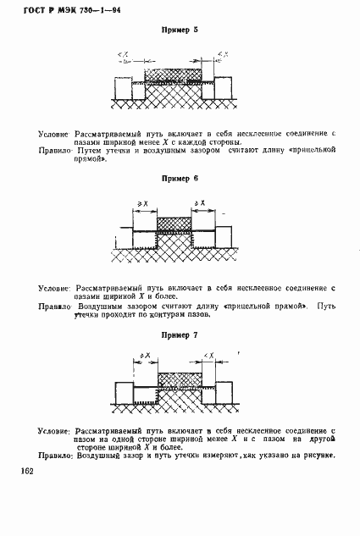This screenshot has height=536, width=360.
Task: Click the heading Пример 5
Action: (179, 30)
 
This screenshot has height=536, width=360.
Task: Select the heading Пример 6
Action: (179, 180)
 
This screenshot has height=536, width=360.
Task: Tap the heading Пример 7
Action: (179, 335)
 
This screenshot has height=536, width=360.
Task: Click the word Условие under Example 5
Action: (54, 135)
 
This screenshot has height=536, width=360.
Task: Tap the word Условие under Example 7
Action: (54, 432)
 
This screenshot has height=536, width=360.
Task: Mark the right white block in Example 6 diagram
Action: (225, 235)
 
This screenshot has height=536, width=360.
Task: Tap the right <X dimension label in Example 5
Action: (220, 55)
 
